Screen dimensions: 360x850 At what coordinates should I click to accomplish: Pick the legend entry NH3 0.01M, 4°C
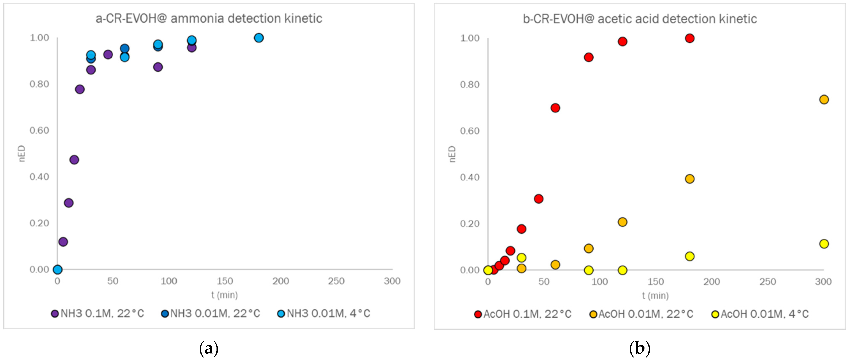point(324,313)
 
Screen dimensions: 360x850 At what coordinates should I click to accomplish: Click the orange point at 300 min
point(824,99)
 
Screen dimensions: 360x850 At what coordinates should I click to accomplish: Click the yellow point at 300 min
point(824,244)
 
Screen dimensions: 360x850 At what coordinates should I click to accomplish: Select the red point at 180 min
point(690,38)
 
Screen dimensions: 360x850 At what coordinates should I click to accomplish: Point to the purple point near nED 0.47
point(74,160)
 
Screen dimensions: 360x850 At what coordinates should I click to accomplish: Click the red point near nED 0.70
point(555,108)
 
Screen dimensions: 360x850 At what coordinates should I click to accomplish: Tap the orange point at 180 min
point(690,179)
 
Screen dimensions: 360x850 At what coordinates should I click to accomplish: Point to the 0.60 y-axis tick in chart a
point(39,130)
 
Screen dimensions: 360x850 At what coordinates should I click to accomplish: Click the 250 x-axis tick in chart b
point(767,282)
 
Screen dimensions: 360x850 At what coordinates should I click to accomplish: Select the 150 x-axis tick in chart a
point(225,281)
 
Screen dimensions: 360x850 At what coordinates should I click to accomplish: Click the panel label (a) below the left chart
point(209,348)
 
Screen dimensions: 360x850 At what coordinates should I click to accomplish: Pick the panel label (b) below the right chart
point(639,348)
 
